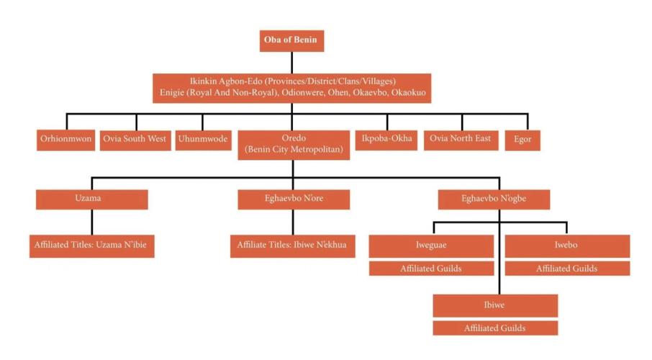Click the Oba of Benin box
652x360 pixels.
pyautogui.click(x=291, y=41)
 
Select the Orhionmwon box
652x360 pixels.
pyautogui.click(x=65, y=140)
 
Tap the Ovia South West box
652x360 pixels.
pyautogui.click(x=135, y=140)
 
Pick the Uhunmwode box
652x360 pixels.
pyautogui.click(x=204, y=140)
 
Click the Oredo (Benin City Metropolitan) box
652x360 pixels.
pyautogui.click(x=294, y=145)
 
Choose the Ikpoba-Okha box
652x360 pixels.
pyautogui.click(x=386, y=140)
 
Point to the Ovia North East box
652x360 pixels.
pyautogui.click(x=461, y=140)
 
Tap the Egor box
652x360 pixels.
pyautogui.click(x=522, y=140)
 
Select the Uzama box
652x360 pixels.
pyautogui.click(x=92, y=199)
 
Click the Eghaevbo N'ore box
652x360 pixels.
pyautogui.click(x=294, y=199)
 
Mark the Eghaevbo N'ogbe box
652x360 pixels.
pyautogui.click(x=494, y=199)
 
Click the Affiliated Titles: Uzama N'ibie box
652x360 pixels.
pyautogui.click(x=92, y=246)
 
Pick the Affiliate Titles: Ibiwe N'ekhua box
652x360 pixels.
pyautogui.click(x=293, y=246)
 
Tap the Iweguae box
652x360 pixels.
pyautogui.click(x=431, y=246)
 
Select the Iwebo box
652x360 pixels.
pyautogui.click(x=567, y=246)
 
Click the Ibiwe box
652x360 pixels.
pyautogui.click(x=495, y=306)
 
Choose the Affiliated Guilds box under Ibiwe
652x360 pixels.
pyautogui.click(x=495, y=328)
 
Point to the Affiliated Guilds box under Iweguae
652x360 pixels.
pyautogui.click(x=431, y=269)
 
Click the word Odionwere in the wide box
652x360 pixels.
pyautogui.click(x=302, y=92)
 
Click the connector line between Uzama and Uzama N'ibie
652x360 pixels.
pyautogui.click(x=92, y=222)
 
